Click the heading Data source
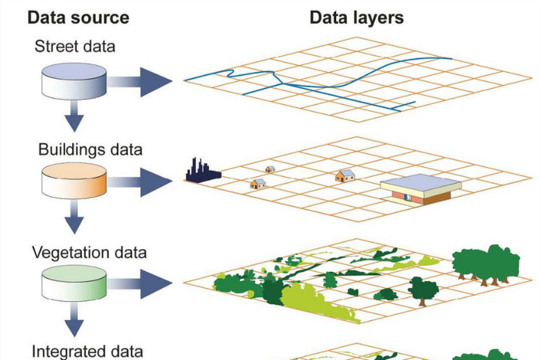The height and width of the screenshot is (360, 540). tap(78, 18)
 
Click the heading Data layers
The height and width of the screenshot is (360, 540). tap(356, 18)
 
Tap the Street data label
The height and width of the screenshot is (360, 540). tap(75, 46)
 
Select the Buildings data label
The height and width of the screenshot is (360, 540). tap(90, 149)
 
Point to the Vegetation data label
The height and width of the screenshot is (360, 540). tap(89, 252)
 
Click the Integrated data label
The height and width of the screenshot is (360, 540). tap(88, 351)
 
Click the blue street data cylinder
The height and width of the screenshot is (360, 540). tap(74, 81)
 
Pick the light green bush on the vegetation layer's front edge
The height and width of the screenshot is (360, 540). tap(315, 301)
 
